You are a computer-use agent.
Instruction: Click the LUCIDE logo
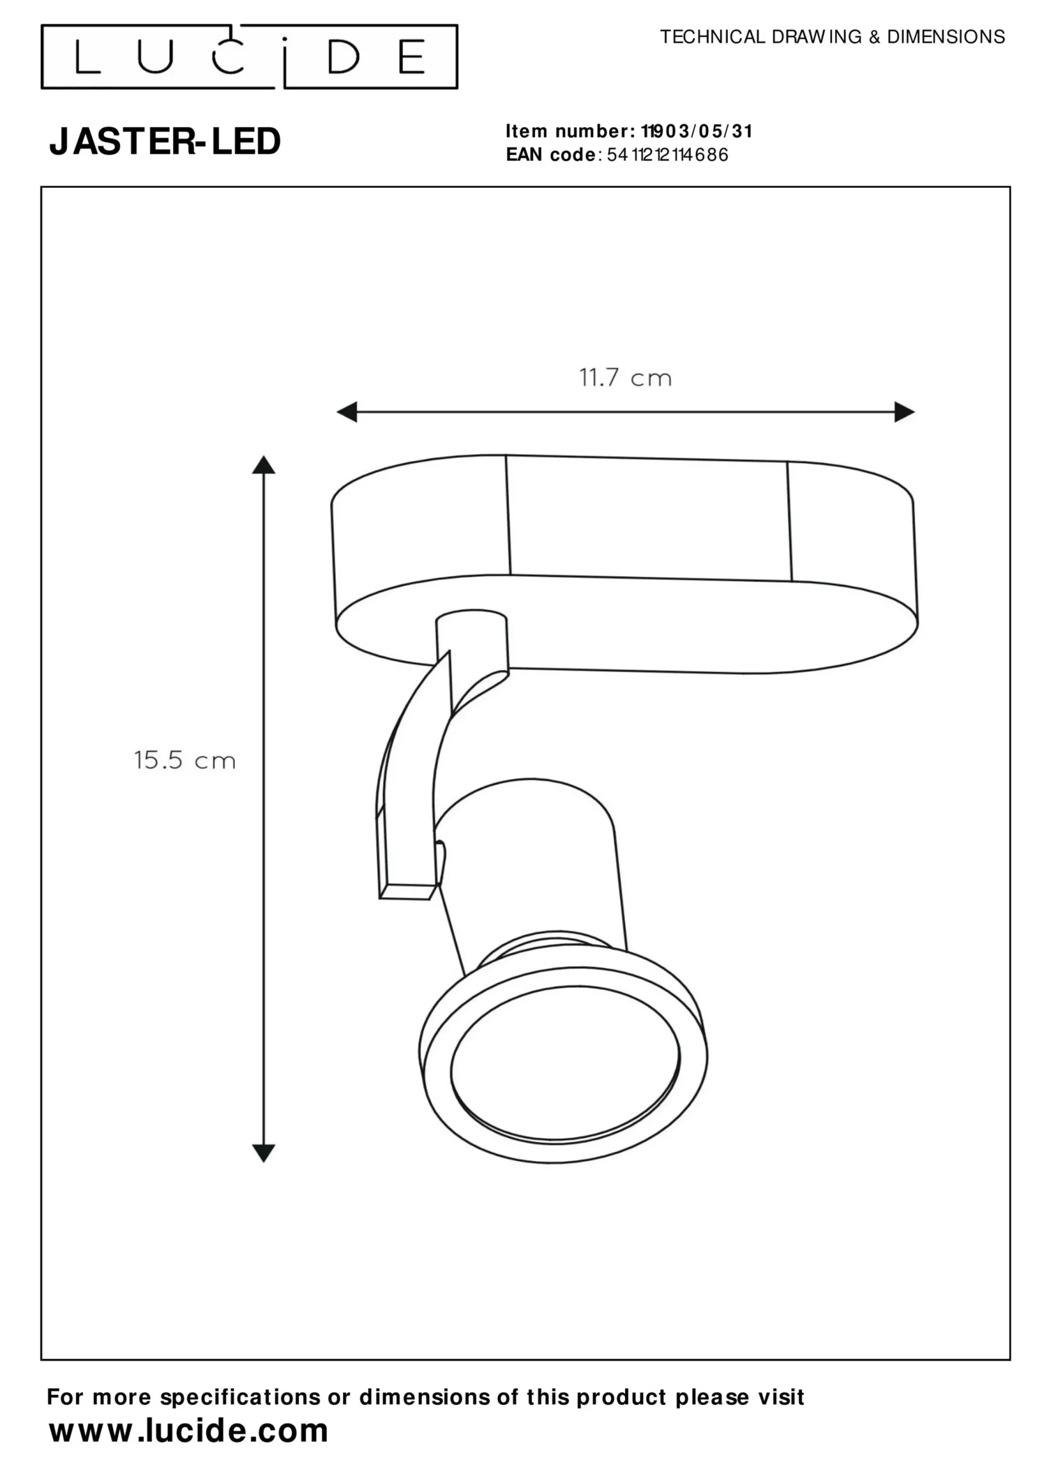coord(249,56)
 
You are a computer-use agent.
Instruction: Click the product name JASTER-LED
coord(165,141)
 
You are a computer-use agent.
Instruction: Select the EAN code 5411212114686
coord(668,155)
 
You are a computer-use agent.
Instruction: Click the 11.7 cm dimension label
coord(625,378)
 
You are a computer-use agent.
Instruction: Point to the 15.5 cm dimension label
coord(185,760)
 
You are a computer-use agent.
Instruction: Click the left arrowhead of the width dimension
coord(347,412)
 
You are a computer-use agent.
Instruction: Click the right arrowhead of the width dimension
coord(904,412)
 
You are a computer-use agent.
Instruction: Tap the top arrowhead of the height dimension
coord(263,465)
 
